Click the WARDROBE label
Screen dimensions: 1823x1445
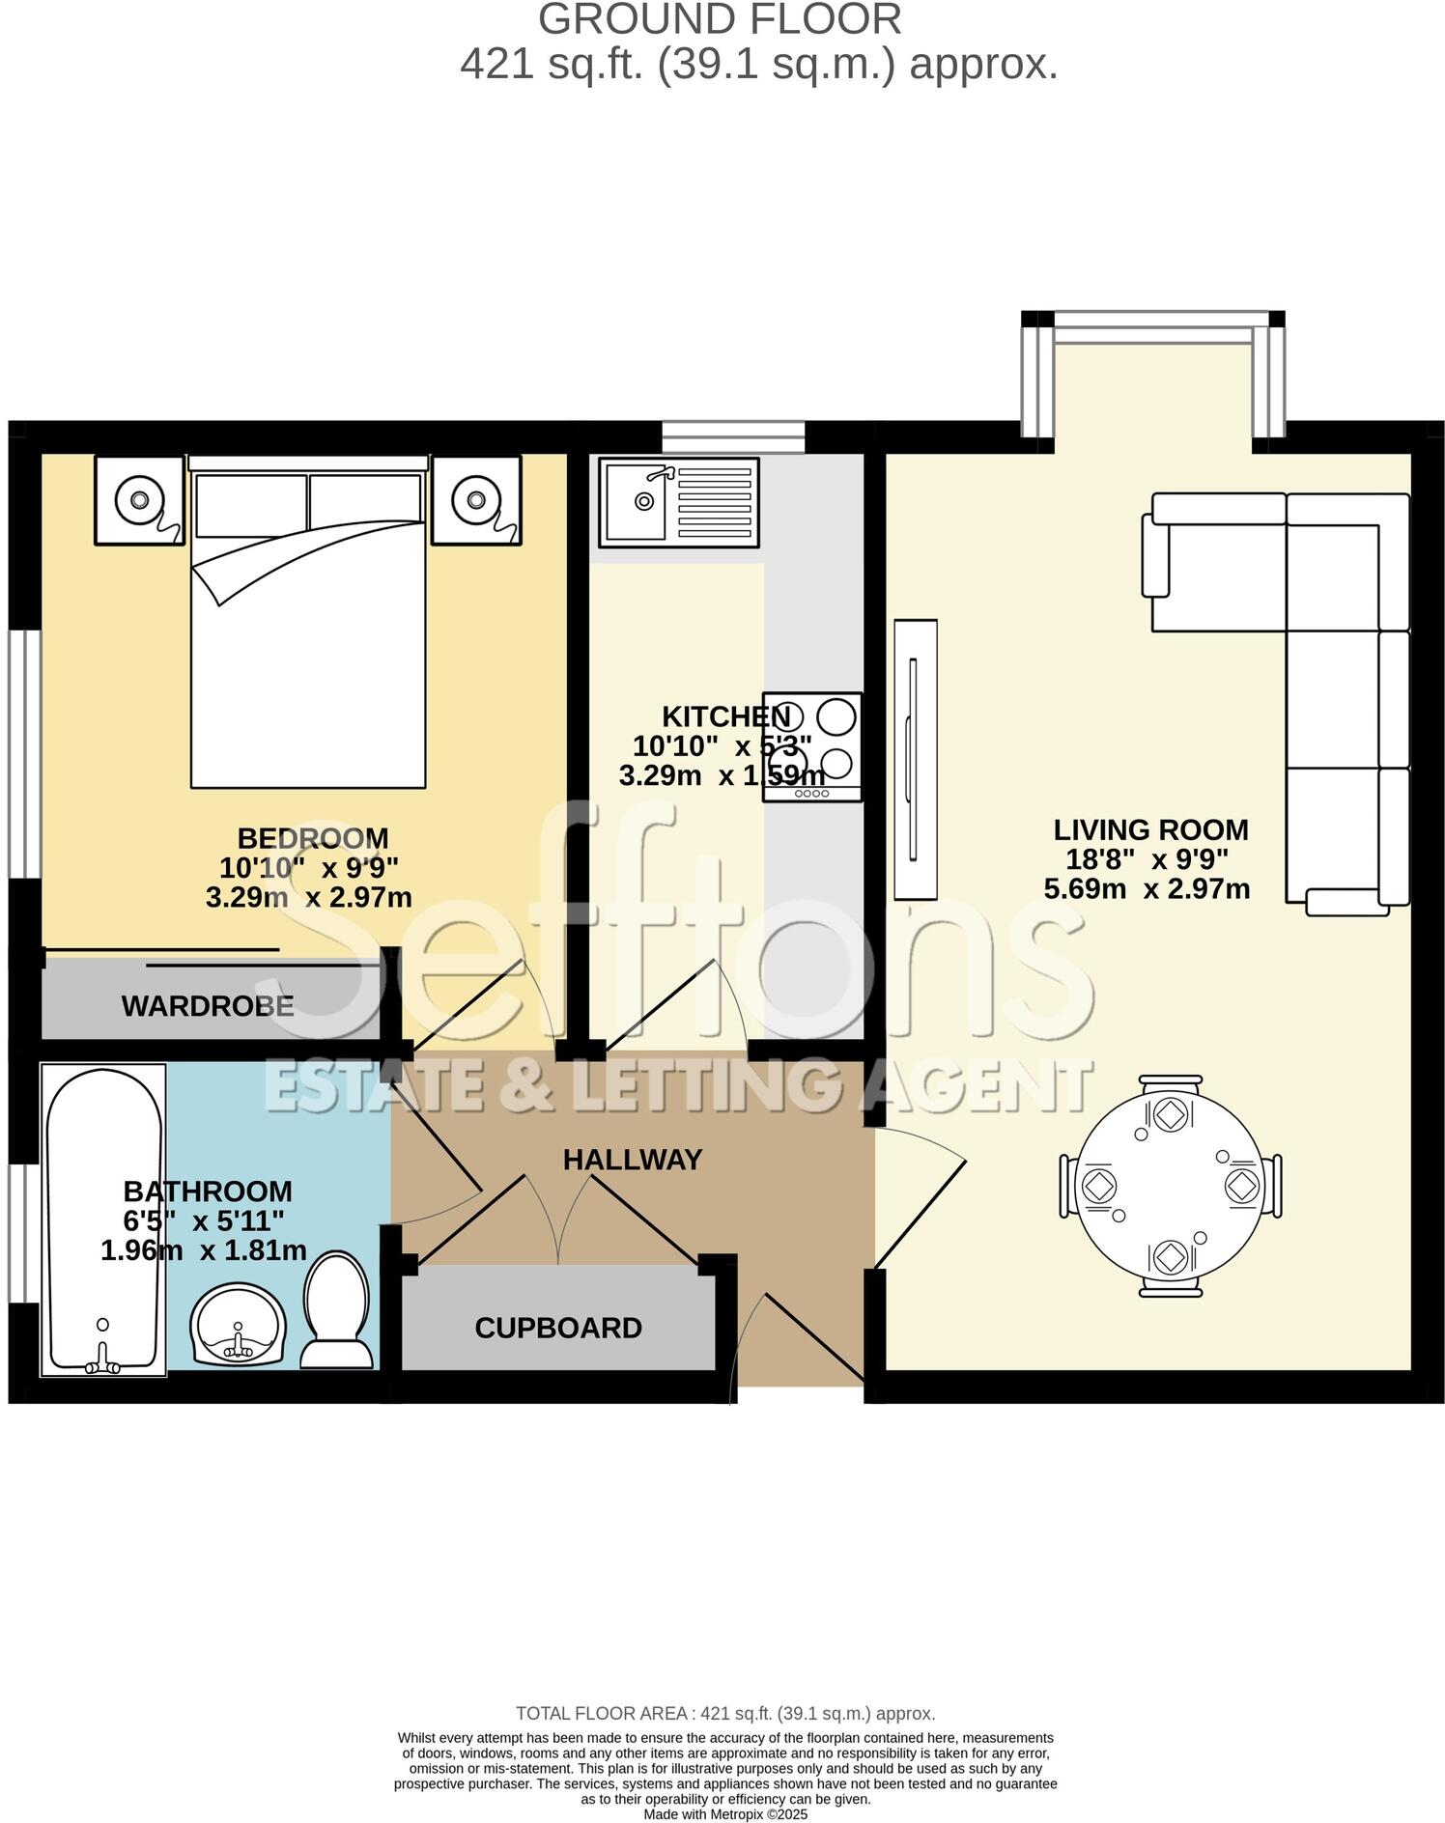[208, 1006]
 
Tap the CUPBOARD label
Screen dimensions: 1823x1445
[558, 1328]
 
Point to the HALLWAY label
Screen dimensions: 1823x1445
[633, 1160]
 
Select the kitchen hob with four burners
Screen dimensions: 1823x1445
[811, 746]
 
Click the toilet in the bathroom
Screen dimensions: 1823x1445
[336, 1311]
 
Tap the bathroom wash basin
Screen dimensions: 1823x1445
[238, 1325]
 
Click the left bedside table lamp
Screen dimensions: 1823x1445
[139, 500]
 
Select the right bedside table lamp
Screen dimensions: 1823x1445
[475, 500]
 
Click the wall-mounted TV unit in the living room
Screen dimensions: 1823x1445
[915, 759]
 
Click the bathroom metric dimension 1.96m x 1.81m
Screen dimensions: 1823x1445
[204, 1250]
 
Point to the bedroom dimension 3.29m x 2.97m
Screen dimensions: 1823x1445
[309, 897]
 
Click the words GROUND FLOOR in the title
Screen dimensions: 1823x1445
[721, 20]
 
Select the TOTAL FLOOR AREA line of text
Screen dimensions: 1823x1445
[725, 1714]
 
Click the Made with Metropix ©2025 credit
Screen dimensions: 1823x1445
[725, 1814]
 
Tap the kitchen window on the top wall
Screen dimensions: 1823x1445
[733, 436]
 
